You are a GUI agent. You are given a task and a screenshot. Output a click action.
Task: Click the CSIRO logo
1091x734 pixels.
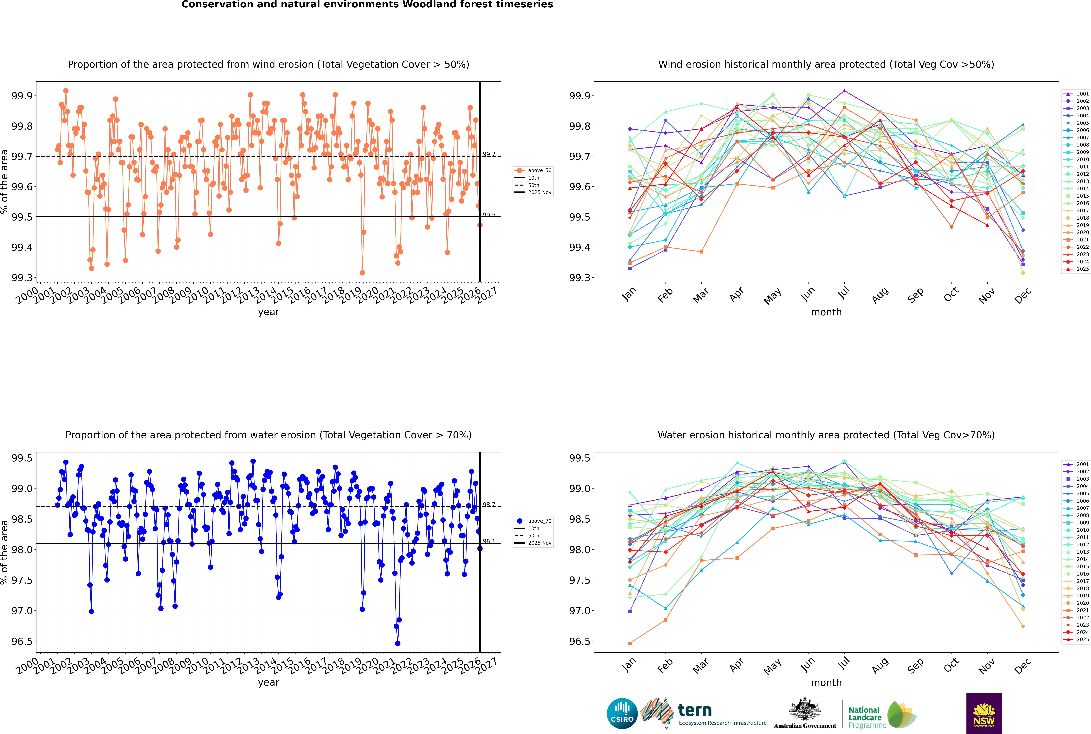[x=622, y=713]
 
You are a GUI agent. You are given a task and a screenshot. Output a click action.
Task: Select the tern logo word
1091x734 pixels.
[x=695, y=710]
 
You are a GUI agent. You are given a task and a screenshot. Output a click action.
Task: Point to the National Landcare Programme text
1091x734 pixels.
[x=865, y=717]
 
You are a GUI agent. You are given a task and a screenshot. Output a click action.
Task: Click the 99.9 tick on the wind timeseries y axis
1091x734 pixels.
[x=22, y=96]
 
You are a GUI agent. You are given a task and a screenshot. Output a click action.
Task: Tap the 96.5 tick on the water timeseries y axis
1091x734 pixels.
[x=22, y=641]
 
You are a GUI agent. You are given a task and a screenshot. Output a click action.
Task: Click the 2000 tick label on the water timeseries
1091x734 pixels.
[x=27, y=666]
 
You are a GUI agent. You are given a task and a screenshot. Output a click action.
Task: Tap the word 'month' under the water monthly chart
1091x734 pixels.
[x=826, y=683]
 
